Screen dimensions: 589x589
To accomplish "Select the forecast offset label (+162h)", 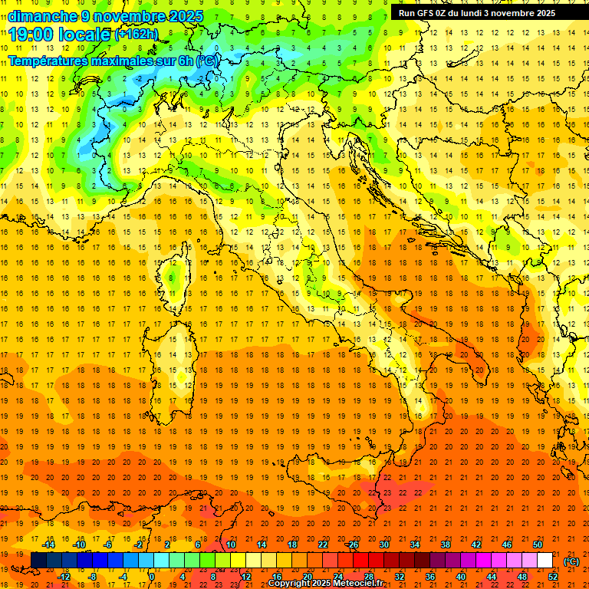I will pyautogui.click(x=136, y=35).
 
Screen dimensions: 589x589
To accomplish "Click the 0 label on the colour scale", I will pyautogui.click(x=152, y=577).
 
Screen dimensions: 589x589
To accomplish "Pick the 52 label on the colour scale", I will pyautogui.click(x=553, y=577).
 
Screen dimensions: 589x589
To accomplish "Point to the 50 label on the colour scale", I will pyautogui.click(x=538, y=545).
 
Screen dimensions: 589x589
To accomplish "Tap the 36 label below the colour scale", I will pyautogui.click(x=429, y=577).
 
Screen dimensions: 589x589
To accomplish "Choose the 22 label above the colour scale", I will pyautogui.click(x=322, y=545).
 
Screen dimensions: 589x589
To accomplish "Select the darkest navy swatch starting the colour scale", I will pyautogui.click(x=38, y=561).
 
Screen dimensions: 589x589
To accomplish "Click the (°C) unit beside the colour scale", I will pyautogui.click(x=571, y=561).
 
